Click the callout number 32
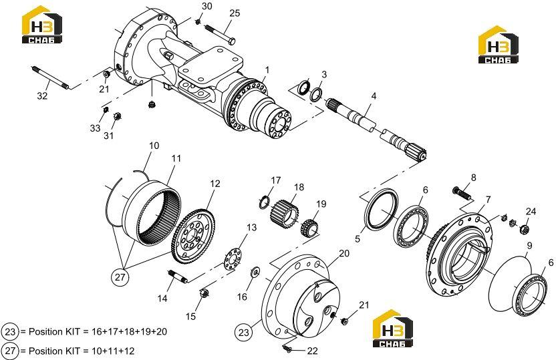(42, 96)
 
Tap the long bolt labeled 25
(221, 34)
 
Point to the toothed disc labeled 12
(193, 236)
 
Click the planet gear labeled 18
(285, 214)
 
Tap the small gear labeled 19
(309, 228)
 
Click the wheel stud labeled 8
(462, 194)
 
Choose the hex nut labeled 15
(204, 293)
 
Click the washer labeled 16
(255, 272)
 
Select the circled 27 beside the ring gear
(120, 277)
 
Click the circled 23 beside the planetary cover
(243, 332)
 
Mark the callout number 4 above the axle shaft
(374, 96)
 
